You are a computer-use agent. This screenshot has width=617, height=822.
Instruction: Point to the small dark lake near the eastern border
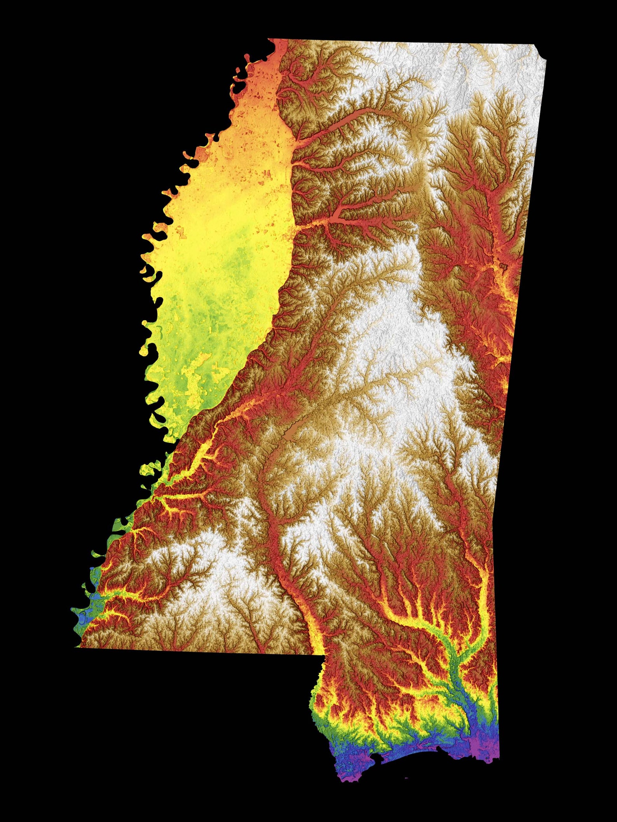click(504, 266)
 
